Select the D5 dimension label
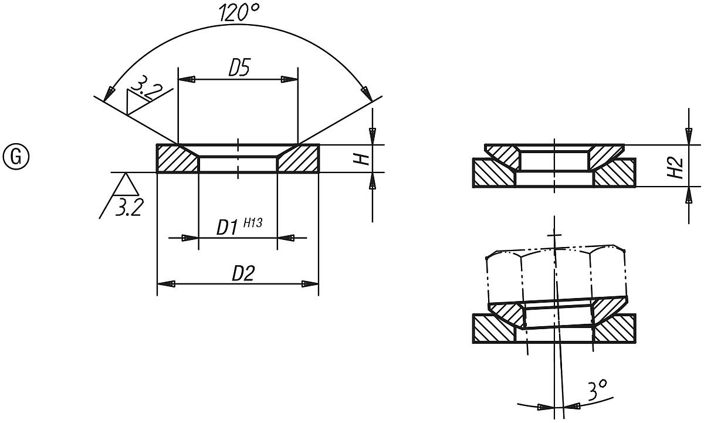tap(239, 69)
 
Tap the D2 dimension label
tap(243, 273)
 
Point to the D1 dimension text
tap(226, 228)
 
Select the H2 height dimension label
tap(676, 167)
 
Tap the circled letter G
tap(16, 157)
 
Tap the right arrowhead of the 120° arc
tap(365, 93)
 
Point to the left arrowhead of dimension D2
tap(166, 284)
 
